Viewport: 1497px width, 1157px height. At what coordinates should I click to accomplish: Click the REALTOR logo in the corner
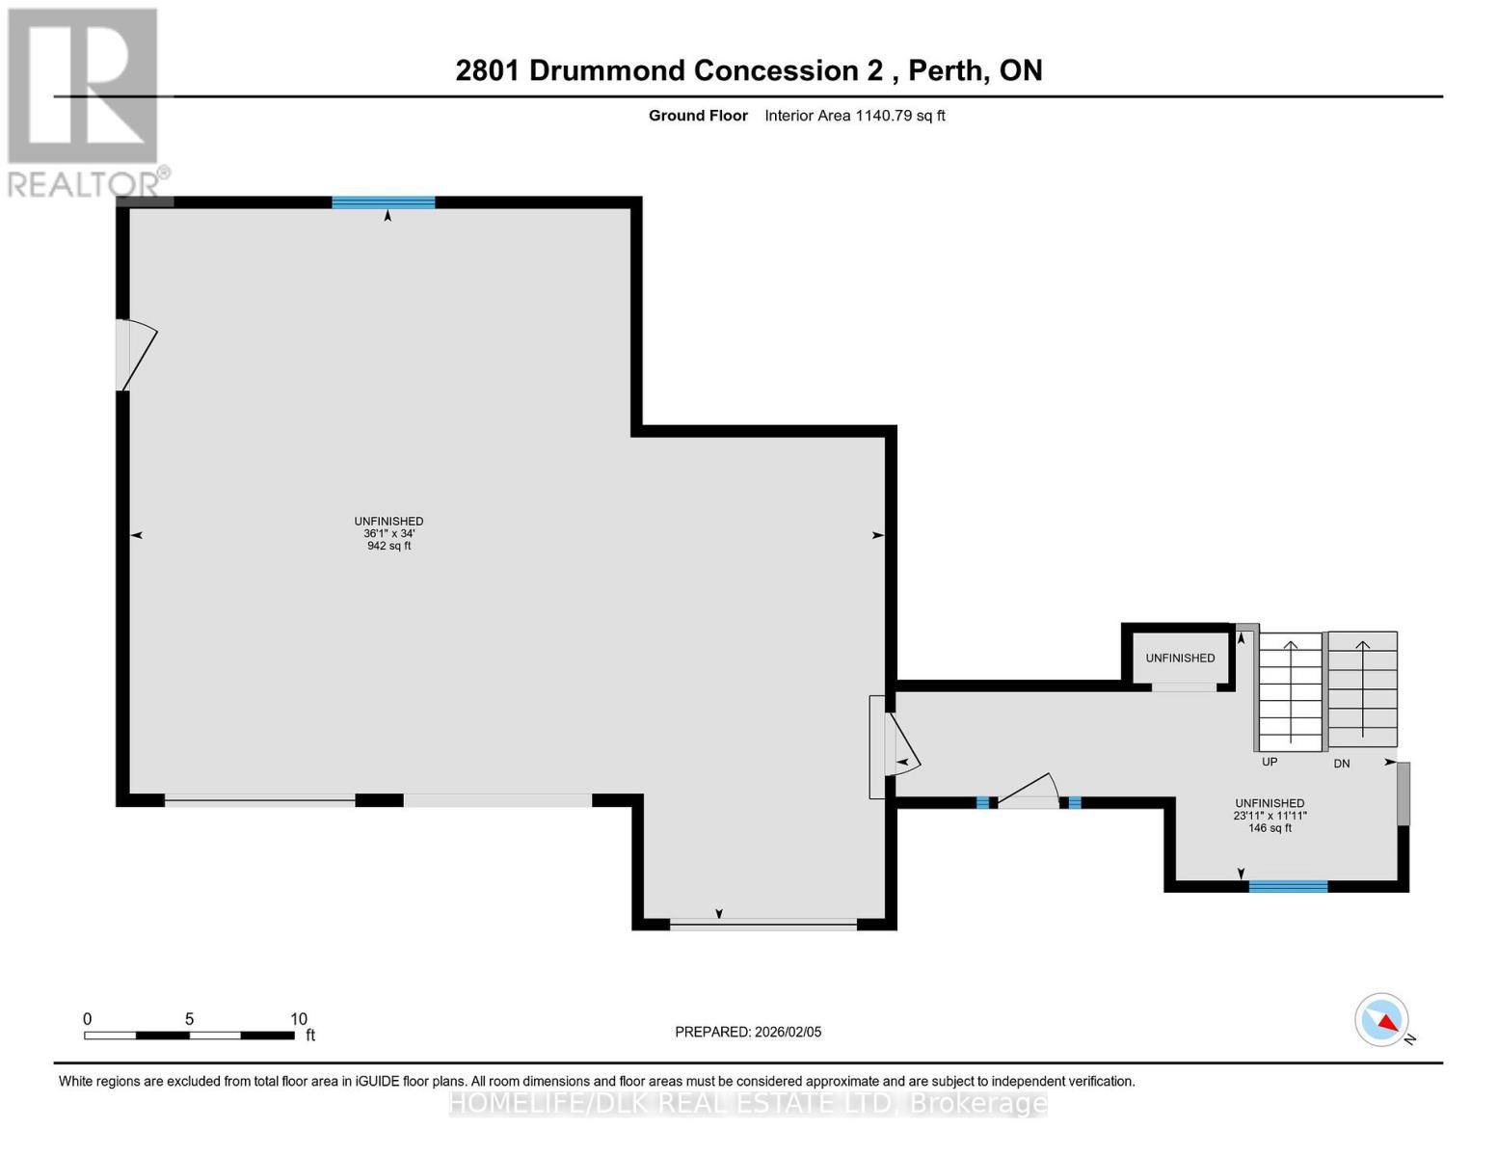(84, 101)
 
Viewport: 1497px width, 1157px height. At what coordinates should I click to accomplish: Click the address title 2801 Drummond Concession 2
(748, 70)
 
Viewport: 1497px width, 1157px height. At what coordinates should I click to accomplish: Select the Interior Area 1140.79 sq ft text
(854, 116)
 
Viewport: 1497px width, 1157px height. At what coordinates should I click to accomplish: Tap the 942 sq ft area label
(388, 546)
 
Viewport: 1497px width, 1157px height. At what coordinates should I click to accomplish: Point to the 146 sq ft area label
(1270, 828)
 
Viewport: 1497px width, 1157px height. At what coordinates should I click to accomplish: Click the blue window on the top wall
(383, 202)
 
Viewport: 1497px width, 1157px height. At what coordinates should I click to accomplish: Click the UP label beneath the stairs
(1270, 762)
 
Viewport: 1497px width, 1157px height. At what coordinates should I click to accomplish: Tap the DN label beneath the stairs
(1341, 764)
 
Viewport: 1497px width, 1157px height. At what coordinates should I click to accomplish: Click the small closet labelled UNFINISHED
(1180, 658)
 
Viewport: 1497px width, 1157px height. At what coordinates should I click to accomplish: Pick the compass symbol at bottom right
(1382, 1020)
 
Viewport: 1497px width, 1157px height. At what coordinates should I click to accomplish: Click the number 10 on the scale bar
(299, 1019)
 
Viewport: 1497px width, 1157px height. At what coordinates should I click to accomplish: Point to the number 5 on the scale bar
(189, 1019)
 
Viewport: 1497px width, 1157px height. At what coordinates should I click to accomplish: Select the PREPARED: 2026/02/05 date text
(748, 1032)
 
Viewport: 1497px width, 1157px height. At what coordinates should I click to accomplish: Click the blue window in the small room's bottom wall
(1288, 886)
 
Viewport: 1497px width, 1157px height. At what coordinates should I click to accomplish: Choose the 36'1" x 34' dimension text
(388, 533)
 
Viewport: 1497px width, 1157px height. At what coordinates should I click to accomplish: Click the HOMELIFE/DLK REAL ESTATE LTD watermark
(748, 1103)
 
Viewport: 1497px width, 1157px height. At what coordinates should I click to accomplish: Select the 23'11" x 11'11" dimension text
(1270, 816)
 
